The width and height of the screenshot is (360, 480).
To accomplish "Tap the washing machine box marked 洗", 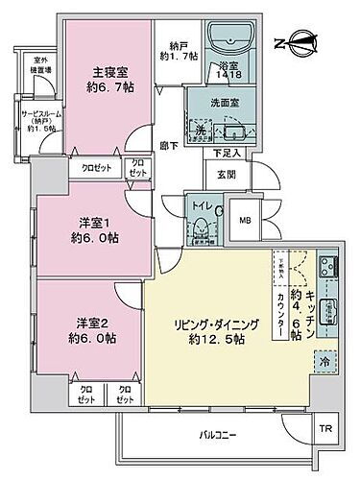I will tap(202, 131).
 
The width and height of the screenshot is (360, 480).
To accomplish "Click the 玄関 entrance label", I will tap(225, 173).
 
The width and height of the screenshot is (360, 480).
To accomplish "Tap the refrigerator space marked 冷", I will tap(324, 363).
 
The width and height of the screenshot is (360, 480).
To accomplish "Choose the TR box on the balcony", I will tap(325, 428).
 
